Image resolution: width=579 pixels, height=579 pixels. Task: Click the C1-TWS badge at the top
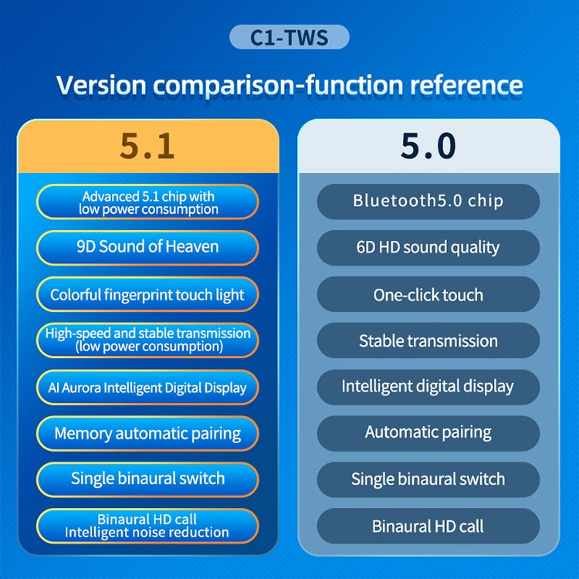289,37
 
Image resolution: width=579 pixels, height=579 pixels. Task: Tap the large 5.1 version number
147,145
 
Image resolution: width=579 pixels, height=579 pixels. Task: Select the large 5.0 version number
428,145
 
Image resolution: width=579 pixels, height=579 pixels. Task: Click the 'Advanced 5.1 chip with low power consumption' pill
147,202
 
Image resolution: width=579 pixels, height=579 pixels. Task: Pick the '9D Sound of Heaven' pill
147,247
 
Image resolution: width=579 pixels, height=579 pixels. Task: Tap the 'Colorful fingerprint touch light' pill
147,295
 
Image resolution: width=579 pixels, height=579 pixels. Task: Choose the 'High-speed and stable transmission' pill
147,340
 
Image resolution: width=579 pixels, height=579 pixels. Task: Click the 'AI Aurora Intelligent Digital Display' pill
147,388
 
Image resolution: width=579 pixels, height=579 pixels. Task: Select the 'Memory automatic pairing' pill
147,433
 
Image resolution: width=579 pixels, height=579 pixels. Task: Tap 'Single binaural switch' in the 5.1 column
147,479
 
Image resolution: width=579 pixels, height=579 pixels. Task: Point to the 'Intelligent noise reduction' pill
147,526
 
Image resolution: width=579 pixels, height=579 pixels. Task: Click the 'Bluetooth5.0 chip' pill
428,201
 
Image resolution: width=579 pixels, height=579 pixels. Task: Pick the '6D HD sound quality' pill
428,248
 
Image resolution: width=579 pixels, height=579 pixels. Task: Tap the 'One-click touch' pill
428,295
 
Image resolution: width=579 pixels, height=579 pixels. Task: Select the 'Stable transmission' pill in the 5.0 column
428,340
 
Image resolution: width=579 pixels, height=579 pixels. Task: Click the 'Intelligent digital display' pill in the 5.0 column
428,386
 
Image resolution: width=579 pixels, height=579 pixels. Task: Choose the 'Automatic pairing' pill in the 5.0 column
428,432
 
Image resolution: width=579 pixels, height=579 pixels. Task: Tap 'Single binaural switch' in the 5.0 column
428,479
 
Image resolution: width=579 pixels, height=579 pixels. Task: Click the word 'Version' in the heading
103,84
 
